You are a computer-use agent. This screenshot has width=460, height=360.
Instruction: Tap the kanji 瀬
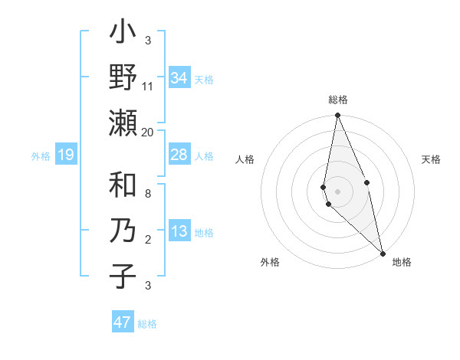(x=123, y=122)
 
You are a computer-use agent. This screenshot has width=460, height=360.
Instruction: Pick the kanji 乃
(x=123, y=231)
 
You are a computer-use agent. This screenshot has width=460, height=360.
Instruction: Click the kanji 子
(x=123, y=276)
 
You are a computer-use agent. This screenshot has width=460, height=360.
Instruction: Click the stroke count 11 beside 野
(x=148, y=87)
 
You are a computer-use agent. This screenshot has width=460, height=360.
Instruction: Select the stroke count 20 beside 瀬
(x=148, y=132)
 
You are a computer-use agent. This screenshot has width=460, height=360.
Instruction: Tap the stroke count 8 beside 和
(x=148, y=195)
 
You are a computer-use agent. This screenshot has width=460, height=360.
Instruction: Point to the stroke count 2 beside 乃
(x=148, y=240)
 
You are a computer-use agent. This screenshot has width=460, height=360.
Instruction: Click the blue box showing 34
(x=179, y=78)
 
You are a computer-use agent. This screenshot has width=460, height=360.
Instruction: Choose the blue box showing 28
(x=179, y=155)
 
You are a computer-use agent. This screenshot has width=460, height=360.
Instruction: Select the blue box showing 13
(x=179, y=232)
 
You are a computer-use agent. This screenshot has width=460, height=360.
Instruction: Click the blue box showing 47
(x=123, y=322)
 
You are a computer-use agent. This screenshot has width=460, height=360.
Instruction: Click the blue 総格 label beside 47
(x=147, y=324)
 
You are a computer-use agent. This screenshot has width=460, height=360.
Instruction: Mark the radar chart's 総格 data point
(x=337, y=116)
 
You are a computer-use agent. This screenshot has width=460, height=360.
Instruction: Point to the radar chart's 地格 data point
(x=382, y=253)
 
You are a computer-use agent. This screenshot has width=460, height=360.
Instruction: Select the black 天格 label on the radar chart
(x=432, y=159)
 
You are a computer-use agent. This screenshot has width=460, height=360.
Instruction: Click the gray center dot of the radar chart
(x=337, y=191)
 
